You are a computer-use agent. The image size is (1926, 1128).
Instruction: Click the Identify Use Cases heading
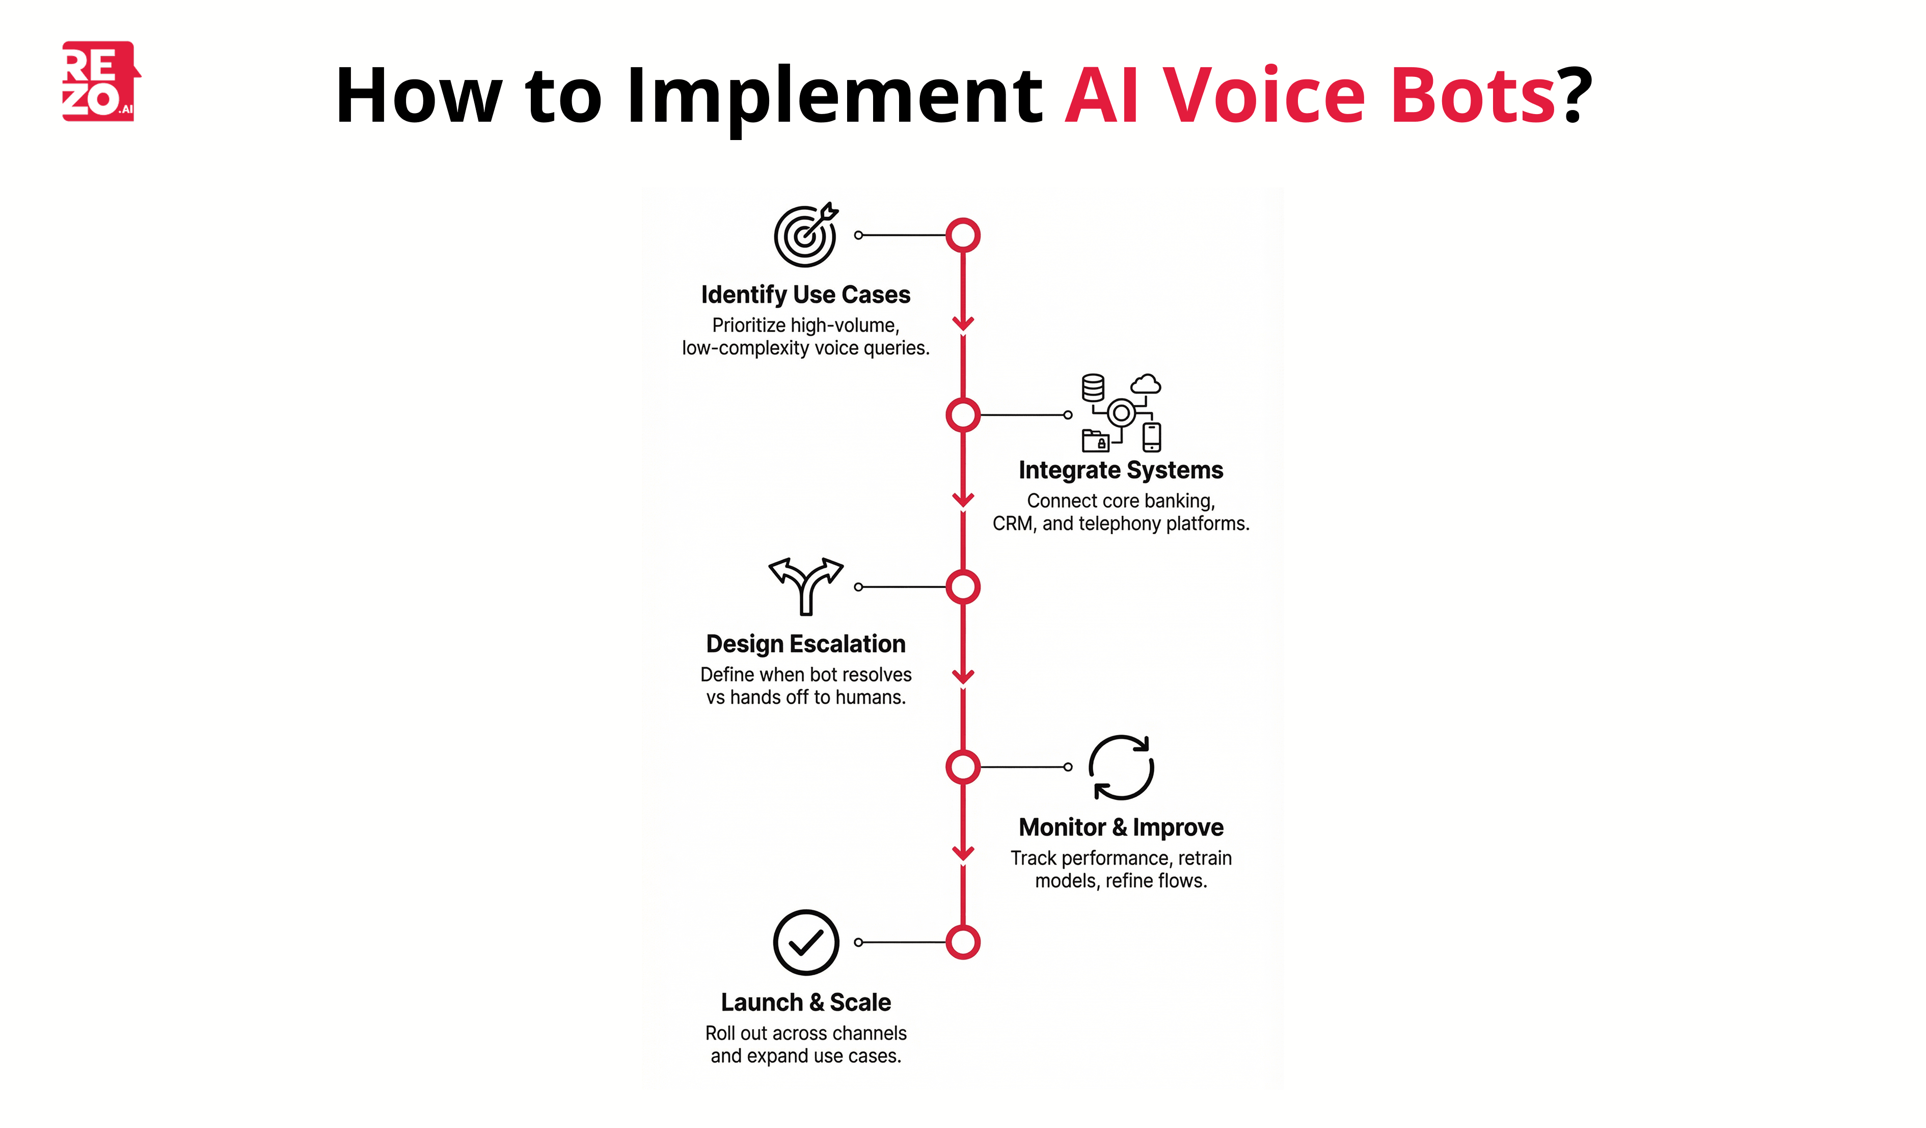(x=805, y=295)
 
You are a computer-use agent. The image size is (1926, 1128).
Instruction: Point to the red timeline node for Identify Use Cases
(x=963, y=235)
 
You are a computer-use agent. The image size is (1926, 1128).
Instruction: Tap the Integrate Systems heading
(x=1121, y=470)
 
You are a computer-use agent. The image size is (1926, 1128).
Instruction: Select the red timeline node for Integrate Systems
(x=963, y=415)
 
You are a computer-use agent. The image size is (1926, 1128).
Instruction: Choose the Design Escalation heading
(x=805, y=644)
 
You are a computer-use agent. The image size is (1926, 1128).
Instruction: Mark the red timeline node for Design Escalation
(x=963, y=587)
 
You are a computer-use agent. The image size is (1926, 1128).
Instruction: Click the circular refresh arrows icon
(x=1121, y=767)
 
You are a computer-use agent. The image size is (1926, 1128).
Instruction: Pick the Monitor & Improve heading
(x=1121, y=828)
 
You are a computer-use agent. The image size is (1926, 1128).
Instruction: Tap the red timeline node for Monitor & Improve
(x=963, y=766)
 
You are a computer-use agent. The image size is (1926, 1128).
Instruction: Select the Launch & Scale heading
(x=805, y=1003)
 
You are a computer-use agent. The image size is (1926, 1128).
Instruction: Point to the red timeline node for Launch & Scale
(x=963, y=942)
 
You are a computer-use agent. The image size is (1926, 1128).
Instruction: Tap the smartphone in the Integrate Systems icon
(x=1151, y=437)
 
